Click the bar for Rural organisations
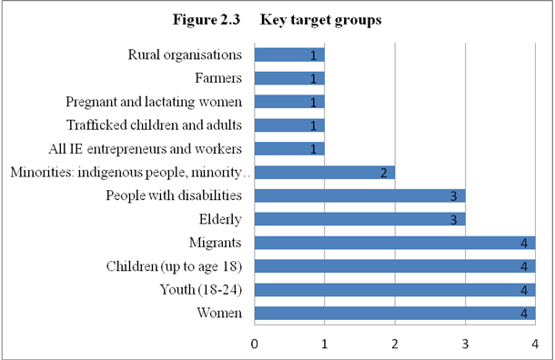(289, 55)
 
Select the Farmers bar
(289, 78)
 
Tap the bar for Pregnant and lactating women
(289, 102)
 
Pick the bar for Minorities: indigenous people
(324, 172)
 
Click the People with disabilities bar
(359, 195)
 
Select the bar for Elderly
(359, 219)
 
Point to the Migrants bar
(394, 243)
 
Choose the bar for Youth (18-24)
(394, 290)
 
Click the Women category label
(222, 314)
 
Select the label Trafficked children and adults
(155, 125)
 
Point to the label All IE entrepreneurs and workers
(145, 148)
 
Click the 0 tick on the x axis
(255, 344)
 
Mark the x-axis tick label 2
(395, 344)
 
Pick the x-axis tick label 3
(465, 344)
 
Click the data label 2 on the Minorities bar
(385, 172)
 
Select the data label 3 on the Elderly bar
(455, 219)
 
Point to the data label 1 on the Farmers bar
(314, 78)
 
